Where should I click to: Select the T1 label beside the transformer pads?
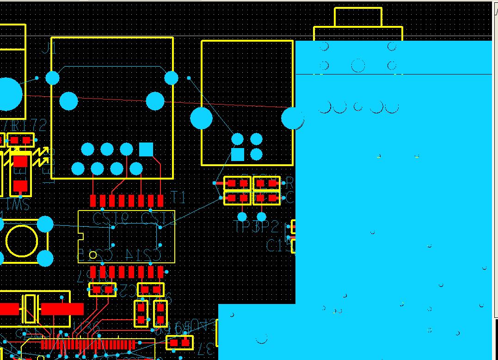click(178, 198)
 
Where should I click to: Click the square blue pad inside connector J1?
click(146, 149)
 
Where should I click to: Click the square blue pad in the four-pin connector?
click(237, 154)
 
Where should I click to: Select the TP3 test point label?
click(243, 227)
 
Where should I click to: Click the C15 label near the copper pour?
click(277, 245)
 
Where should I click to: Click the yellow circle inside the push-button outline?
click(22, 241)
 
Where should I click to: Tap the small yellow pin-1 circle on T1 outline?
click(93, 255)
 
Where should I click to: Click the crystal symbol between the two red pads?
click(30, 309)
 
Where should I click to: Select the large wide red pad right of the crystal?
click(62, 309)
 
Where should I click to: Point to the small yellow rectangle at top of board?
click(358, 17)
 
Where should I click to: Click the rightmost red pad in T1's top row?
click(160, 200)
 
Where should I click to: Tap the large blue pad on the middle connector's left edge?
click(201, 118)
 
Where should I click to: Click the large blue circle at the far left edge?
click(8, 94)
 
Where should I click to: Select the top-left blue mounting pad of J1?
click(53, 78)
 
